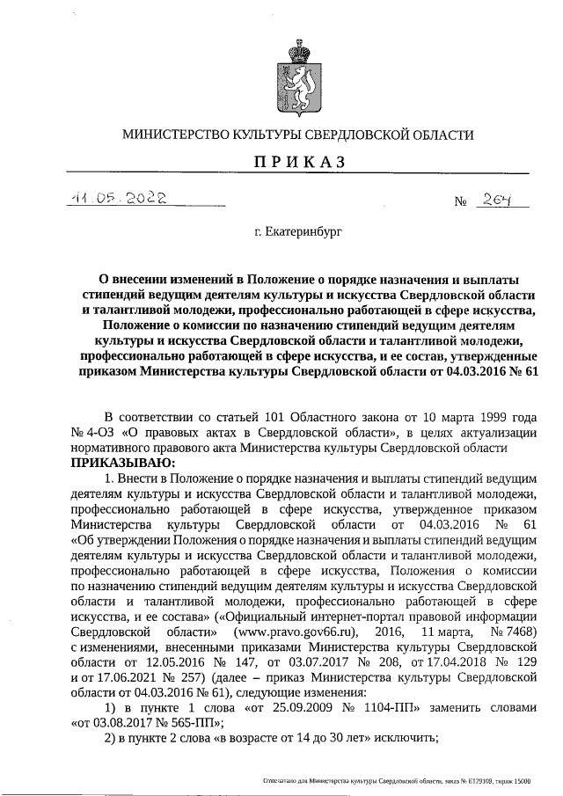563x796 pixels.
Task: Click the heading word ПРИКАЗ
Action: (297, 163)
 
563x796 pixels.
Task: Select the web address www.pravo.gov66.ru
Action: (296, 632)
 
